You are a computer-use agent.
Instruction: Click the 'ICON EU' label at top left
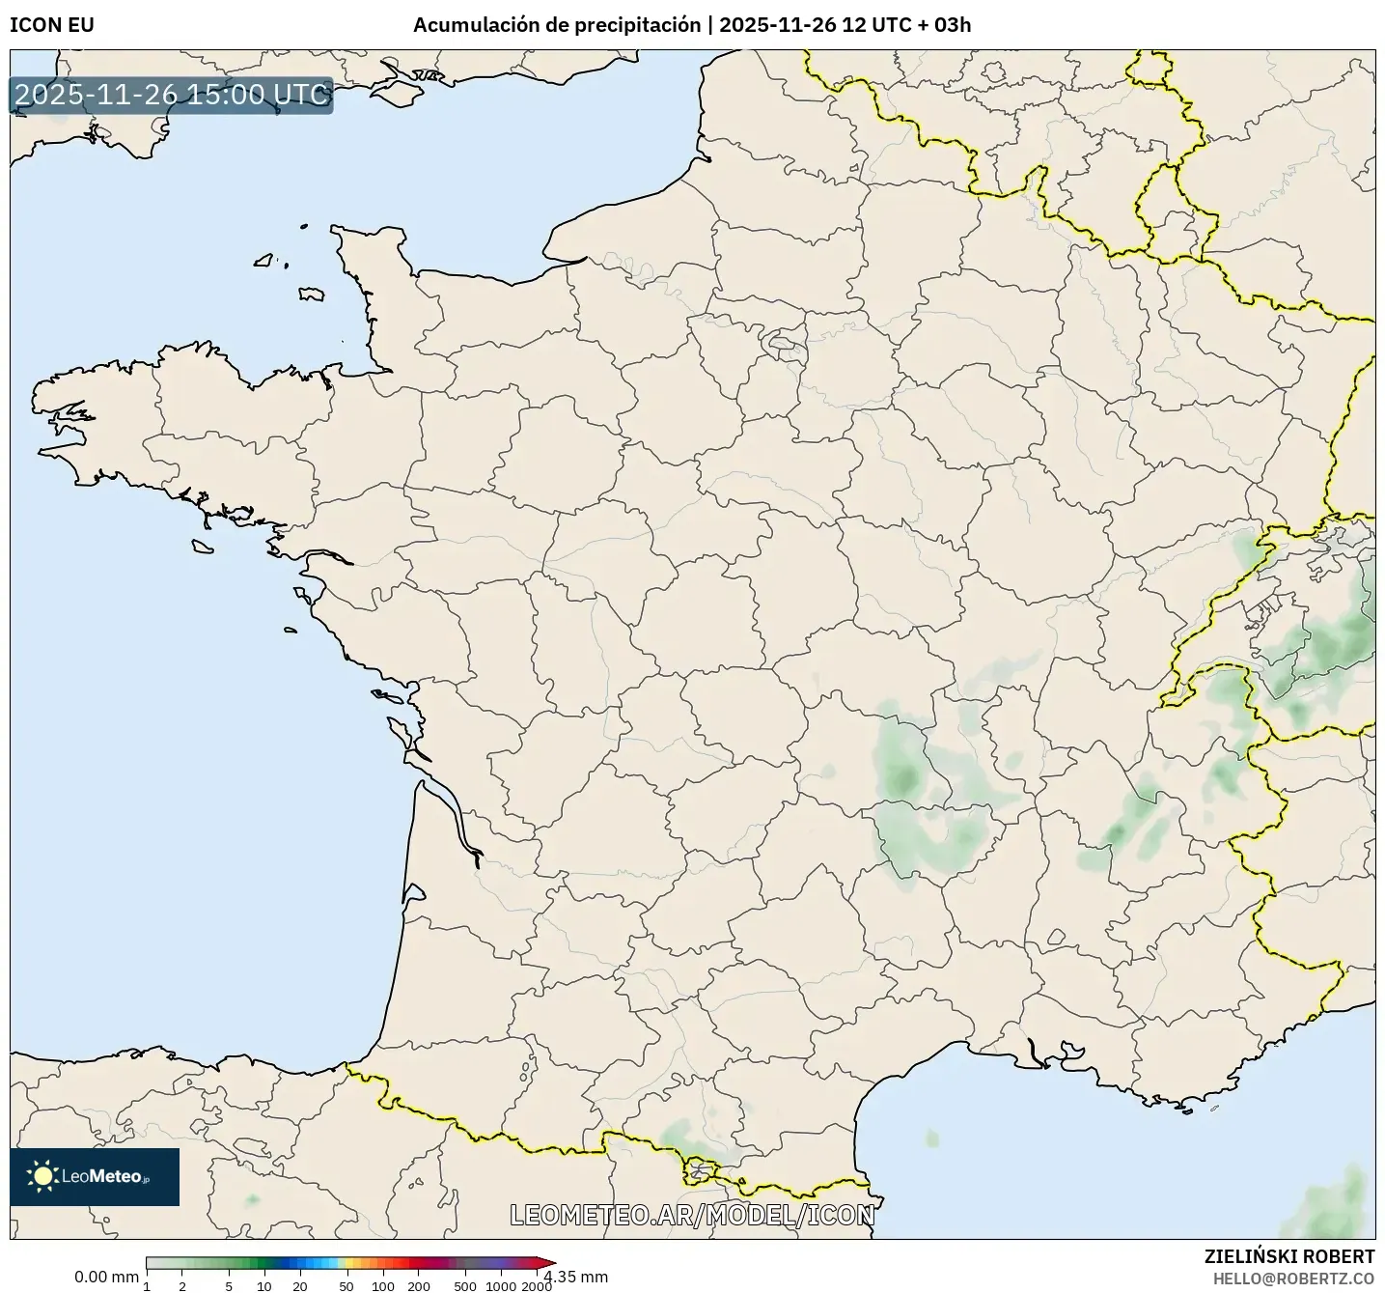pyautogui.click(x=52, y=25)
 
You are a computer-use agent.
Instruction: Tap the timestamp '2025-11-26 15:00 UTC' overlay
pyautogui.click(x=172, y=95)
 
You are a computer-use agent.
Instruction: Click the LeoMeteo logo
pyautogui.click(x=95, y=1176)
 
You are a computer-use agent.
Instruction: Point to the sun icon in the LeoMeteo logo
pyautogui.click(x=42, y=1175)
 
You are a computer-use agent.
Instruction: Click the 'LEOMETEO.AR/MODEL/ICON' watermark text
pyautogui.click(x=692, y=1215)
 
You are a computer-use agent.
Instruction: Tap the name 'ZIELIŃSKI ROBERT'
pyautogui.click(x=1289, y=1256)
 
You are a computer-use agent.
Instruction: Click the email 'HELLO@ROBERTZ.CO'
pyautogui.click(x=1293, y=1279)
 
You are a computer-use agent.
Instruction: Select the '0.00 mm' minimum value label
pyautogui.click(x=106, y=1278)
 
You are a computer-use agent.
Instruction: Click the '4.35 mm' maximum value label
pyautogui.click(x=576, y=1278)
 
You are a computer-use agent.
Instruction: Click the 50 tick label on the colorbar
pyautogui.click(x=346, y=1286)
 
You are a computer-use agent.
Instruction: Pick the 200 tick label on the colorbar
pyautogui.click(x=418, y=1286)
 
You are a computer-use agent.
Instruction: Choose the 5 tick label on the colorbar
pyautogui.click(x=229, y=1286)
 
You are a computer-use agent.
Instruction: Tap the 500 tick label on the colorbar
pyautogui.click(x=465, y=1286)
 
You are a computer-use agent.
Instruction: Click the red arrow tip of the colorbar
pyautogui.click(x=550, y=1262)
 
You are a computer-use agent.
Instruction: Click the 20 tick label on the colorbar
pyautogui.click(x=300, y=1286)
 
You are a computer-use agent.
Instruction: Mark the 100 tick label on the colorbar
pyautogui.click(x=383, y=1286)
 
